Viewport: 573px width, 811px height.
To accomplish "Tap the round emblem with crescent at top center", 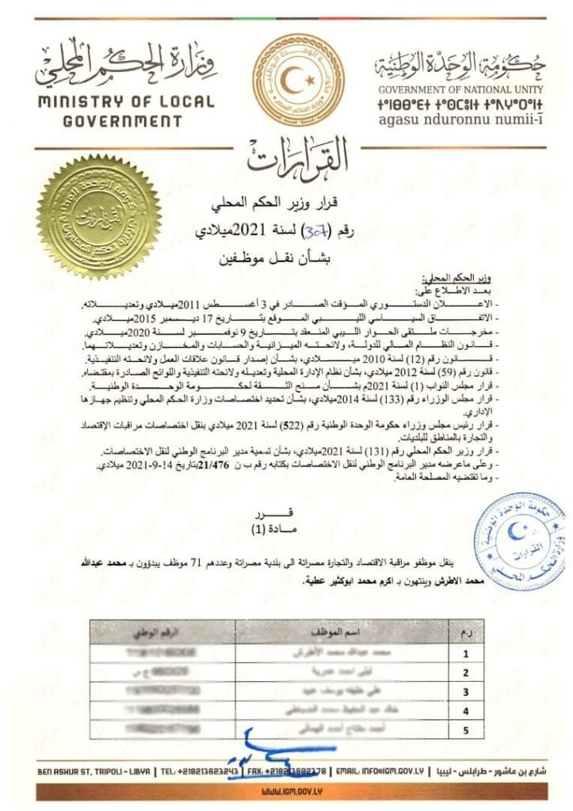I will click(x=287, y=81).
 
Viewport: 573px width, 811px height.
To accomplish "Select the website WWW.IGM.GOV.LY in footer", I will click(x=286, y=790).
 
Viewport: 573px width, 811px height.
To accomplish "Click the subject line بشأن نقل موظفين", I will click(x=285, y=258).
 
